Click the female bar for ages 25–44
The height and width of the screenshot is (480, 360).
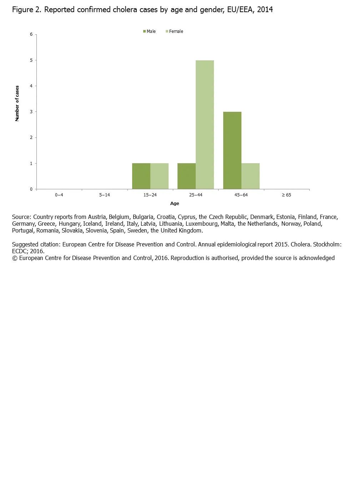[205, 125]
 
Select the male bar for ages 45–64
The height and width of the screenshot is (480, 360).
[232, 150]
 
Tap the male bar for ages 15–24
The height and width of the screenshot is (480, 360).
[141, 176]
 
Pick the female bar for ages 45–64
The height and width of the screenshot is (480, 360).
[250, 176]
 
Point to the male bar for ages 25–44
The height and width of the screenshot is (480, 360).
[186, 176]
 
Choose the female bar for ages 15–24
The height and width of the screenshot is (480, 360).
[159, 176]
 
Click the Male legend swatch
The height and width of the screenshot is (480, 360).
[145, 31]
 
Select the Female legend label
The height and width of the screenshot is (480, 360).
[176, 31]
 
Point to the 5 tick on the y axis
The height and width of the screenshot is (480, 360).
[31, 60]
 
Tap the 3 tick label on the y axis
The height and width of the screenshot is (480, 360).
[31, 112]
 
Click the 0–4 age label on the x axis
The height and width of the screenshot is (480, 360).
[59, 195]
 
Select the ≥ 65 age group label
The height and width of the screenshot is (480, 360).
[286, 195]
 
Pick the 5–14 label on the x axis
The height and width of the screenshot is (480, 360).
[105, 195]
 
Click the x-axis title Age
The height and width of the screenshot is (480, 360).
[175, 204]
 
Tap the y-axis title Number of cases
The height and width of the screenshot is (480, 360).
[17, 104]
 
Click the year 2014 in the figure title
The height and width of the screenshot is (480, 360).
[265, 10]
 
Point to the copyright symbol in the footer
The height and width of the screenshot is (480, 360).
[15, 258]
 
